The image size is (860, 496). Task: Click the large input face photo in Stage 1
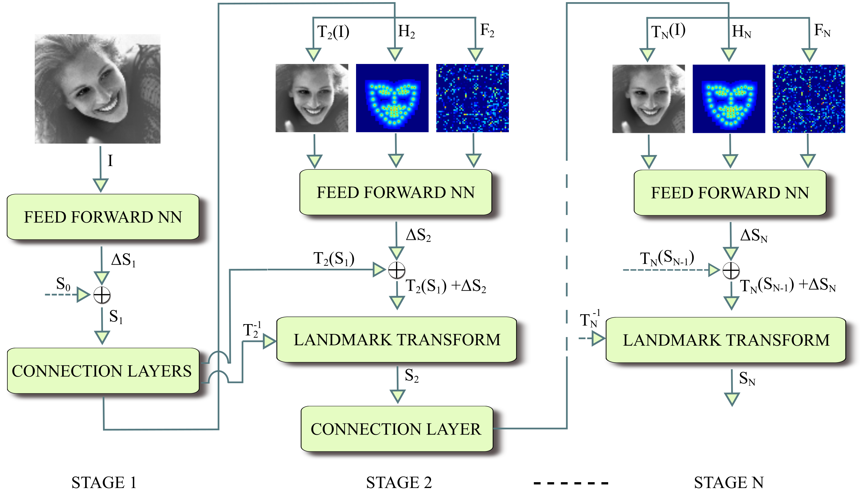97,89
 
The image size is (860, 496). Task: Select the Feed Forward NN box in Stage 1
103,217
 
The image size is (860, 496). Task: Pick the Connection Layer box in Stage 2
396,429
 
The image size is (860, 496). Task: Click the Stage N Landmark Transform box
725,340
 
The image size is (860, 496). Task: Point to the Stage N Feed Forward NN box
730,193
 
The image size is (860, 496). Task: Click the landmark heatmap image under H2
392,98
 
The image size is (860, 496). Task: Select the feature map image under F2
472,98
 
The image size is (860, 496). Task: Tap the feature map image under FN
809,99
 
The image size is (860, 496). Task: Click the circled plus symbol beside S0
102,295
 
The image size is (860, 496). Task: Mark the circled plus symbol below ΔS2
397,270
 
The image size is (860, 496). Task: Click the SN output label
747,379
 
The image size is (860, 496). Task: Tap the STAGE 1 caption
104,482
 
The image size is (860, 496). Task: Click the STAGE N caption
729,482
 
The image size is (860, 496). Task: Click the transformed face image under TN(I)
648,99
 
